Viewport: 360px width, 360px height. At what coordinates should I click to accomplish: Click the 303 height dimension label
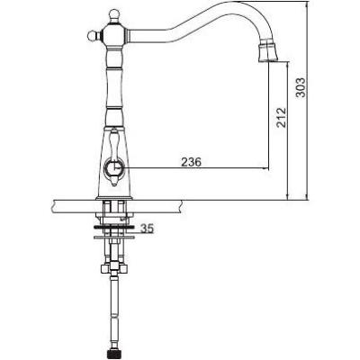301,87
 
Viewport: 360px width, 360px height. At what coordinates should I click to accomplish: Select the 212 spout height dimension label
282,118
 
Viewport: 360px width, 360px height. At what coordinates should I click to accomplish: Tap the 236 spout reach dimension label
191,162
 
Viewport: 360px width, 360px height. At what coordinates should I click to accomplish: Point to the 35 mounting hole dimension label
147,229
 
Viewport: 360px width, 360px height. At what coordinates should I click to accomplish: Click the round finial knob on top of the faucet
114,15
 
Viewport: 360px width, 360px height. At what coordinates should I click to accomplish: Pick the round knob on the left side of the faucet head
93,36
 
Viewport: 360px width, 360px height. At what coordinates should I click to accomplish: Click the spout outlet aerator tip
268,53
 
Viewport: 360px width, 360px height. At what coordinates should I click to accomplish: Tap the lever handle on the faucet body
114,156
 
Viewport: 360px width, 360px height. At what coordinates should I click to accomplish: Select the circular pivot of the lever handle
113,168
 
